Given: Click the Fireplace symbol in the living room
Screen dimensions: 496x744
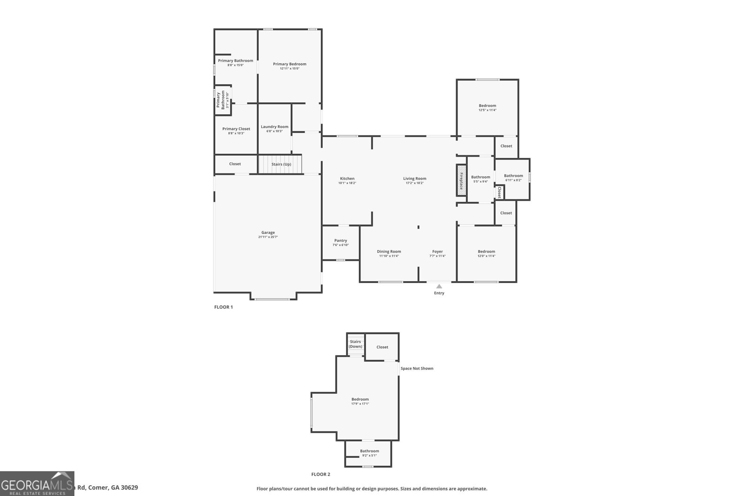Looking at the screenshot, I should coord(461,180).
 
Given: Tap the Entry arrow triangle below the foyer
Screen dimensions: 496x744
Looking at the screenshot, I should coord(439,286).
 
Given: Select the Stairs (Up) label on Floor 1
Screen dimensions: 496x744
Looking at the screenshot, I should coord(281,164).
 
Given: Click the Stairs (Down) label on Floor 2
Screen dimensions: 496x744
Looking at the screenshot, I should coord(356,344).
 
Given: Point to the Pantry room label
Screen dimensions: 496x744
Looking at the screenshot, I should coord(340,241).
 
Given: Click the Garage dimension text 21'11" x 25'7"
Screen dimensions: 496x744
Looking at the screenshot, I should coord(268,237).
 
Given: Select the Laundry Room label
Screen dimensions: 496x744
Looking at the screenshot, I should coord(274,126).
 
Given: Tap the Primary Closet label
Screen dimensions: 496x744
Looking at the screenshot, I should coord(236,129).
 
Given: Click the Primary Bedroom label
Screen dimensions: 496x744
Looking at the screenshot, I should coord(289,64).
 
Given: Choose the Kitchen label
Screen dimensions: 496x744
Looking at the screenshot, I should coord(347,179).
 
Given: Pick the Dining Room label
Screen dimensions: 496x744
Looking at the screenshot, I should coord(389,251).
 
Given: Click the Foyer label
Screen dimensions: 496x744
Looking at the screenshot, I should coord(437,251).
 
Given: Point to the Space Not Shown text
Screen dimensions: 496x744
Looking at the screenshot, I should coord(417,369).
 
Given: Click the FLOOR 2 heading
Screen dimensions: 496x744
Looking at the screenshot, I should coord(320,475).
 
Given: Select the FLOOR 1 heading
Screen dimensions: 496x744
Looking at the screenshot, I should coord(223,307).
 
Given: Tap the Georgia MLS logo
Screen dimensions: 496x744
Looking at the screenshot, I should coord(37,483).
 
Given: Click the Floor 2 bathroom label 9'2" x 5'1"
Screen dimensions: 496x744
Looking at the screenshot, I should coord(369,456).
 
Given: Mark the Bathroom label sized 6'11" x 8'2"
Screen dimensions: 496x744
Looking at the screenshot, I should coord(513,176).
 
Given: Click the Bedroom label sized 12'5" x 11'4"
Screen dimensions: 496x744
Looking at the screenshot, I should coord(487,106).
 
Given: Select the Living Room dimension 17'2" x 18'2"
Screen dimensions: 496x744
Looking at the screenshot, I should coord(414,183).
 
